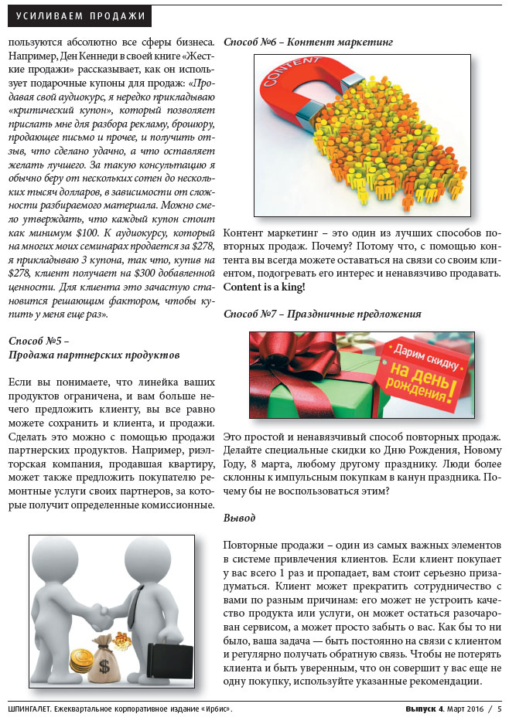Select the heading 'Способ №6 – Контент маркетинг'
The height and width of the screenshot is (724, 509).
point(309,42)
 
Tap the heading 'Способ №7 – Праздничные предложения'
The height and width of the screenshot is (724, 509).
point(322,314)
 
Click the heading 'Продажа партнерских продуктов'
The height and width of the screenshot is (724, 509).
point(94,354)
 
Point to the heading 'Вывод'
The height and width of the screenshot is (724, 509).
point(239,517)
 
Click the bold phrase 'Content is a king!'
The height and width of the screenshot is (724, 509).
point(264,287)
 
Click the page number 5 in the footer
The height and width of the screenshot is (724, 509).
point(499,708)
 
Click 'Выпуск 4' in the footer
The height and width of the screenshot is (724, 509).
point(425,708)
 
